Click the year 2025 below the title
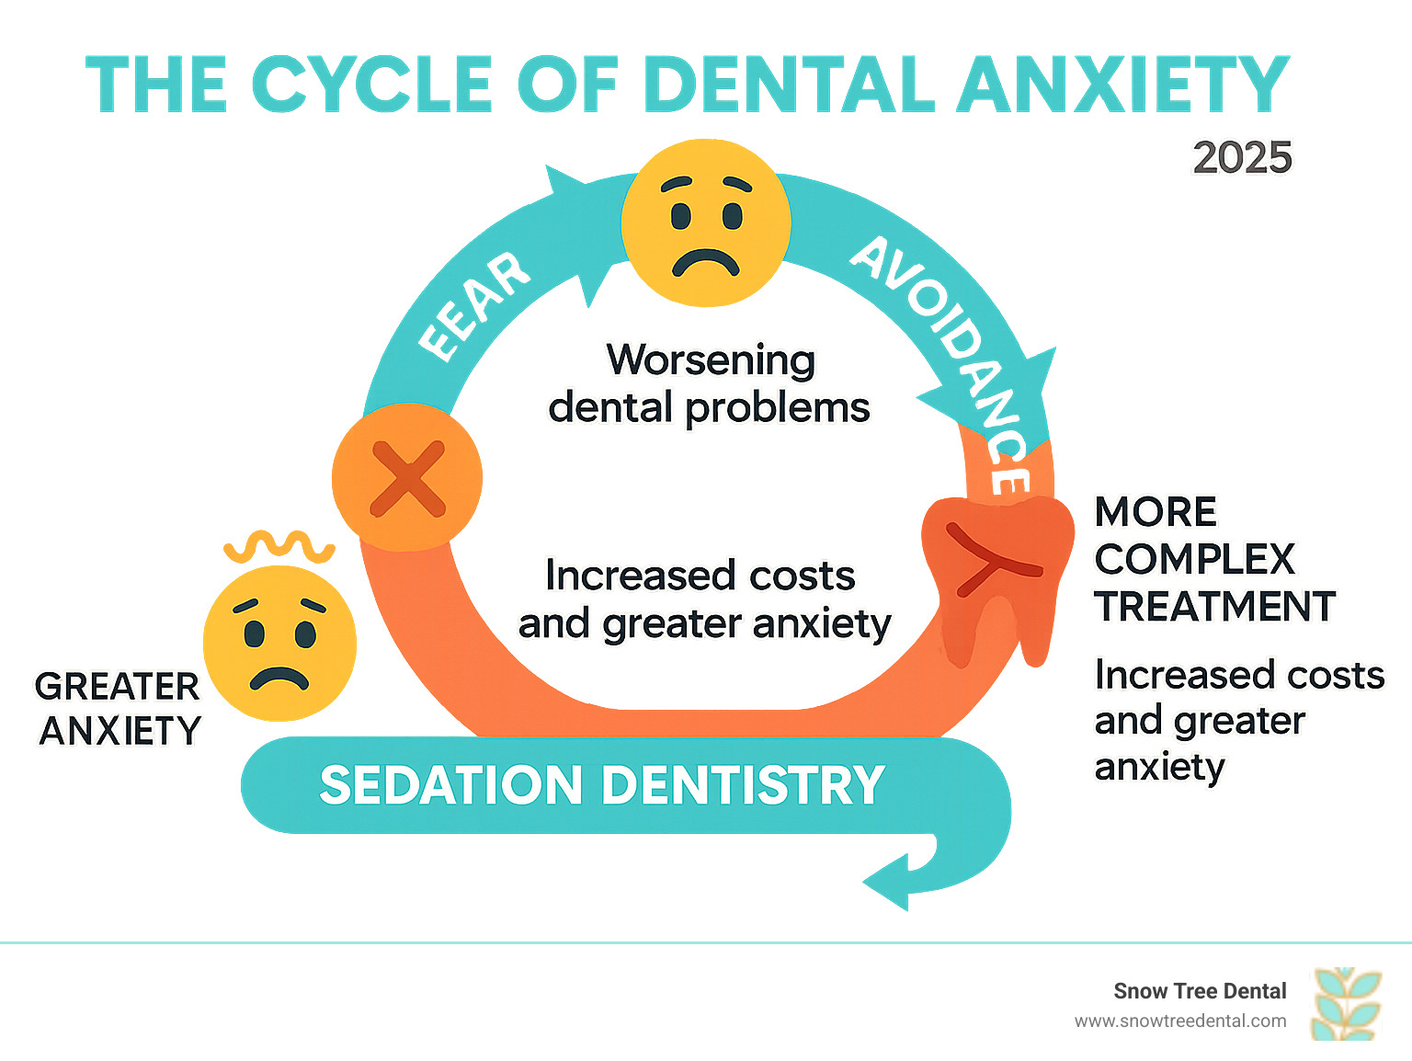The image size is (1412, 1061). (x=1242, y=158)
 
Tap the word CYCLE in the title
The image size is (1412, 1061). (x=371, y=85)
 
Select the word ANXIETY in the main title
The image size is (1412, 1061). (x=1122, y=85)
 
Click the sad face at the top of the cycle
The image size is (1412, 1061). (x=705, y=223)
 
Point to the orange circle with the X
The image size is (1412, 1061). (x=407, y=478)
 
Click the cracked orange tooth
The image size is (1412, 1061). (x=997, y=575)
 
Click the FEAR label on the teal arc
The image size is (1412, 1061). (x=474, y=306)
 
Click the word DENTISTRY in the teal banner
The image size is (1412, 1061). (x=745, y=785)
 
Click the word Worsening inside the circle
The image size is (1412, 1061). (x=711, y=359)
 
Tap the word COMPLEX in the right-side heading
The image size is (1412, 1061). (x=1194, y=559)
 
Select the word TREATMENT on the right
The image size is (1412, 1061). (x=1214, y=607)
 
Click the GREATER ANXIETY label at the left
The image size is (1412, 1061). (x=119, y=709)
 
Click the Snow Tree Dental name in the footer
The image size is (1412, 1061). (x=1200, y=991)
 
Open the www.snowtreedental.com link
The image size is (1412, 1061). (x=1180, y=1021)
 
